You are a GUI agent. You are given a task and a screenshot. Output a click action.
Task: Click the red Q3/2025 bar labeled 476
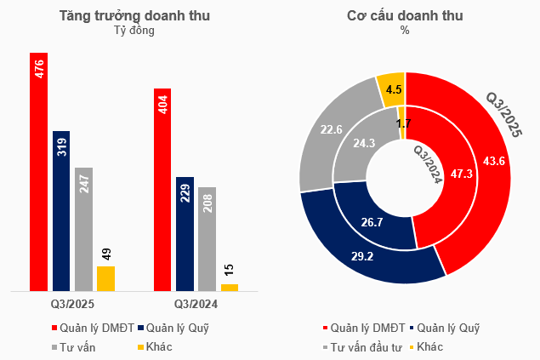[38, 170]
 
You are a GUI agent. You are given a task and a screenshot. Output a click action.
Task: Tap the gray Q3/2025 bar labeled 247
[83, 229]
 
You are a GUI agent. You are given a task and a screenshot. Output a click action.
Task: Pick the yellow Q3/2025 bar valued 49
[105, 278]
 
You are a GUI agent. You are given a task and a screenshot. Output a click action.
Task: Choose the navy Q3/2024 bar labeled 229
[185, 233]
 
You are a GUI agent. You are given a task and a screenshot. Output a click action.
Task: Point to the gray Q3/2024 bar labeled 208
[207, 238]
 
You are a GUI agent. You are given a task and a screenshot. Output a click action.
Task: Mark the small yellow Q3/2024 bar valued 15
[230, 287]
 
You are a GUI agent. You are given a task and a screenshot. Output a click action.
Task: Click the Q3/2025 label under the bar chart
[72, 304]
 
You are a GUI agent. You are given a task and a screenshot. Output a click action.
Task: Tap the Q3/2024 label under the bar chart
[196, 304]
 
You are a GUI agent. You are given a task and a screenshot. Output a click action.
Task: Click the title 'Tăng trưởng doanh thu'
[135, 15]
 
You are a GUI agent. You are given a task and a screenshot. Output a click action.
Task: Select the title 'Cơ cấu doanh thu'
[405, 15]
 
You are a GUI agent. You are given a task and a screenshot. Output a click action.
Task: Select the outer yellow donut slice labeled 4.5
[392, 89]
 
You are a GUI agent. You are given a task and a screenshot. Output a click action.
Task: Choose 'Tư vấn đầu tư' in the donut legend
[366, 346]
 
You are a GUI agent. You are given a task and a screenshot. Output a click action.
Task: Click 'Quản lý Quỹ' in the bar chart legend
[178, 327]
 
